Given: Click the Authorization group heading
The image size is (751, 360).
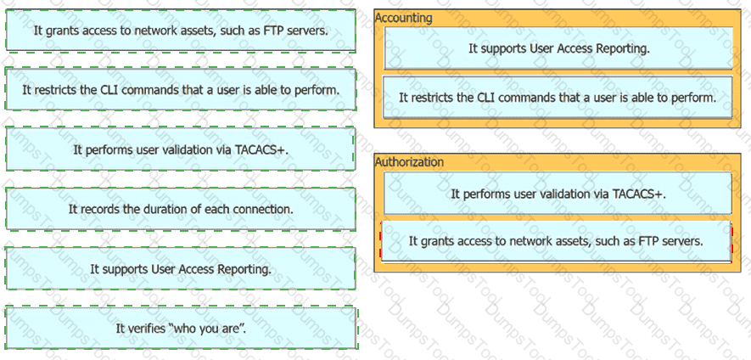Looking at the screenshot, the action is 409,162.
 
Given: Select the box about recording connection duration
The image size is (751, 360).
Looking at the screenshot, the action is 181,209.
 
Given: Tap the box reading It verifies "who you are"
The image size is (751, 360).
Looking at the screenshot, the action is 181,329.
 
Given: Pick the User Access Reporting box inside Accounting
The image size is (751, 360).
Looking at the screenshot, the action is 558,48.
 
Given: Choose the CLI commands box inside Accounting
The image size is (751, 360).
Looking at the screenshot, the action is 558,98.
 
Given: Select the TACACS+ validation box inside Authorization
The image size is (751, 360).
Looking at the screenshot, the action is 558,194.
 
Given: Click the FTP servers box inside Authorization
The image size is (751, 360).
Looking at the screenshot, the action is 556,241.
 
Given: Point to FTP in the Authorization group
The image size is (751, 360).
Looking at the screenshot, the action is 647,241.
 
